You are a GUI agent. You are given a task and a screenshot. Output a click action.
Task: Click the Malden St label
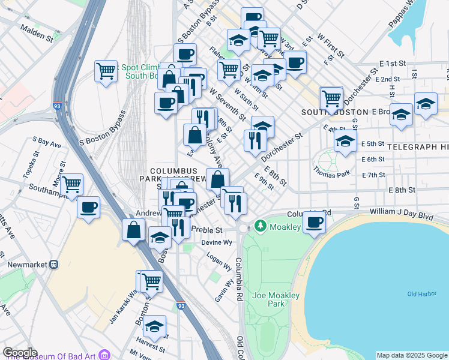point(37,32)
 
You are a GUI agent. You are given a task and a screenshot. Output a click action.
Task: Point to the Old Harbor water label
point(420,293)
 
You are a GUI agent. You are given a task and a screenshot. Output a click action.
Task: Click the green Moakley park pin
point(260,226)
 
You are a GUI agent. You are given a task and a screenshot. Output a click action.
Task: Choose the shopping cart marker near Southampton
point(72,184)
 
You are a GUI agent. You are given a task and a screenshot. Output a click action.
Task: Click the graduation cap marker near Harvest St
point(155,326)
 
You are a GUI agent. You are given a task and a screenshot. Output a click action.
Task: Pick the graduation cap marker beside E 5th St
point(345,142)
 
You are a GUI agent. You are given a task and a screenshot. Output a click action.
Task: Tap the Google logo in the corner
point(20,353)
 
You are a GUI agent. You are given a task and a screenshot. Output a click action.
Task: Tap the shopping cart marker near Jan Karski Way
point(151,280)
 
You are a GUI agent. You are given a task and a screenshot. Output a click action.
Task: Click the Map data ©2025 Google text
point(412,355)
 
